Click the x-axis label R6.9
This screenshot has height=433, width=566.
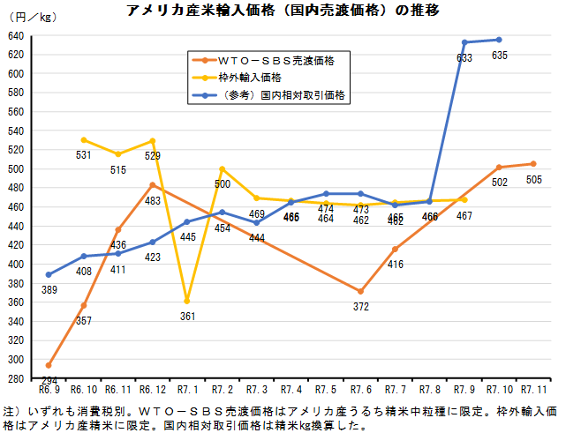(49, 389)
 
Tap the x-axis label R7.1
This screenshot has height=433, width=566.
(187, 389)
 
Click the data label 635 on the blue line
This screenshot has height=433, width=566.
(500, 55)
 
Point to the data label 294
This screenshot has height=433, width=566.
(50, 381)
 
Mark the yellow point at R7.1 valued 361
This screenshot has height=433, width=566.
(187, 301)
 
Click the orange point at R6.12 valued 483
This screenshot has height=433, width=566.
(153, 184)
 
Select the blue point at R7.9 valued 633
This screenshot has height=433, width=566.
(465, 42)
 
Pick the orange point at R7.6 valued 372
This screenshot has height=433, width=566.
(360, 291)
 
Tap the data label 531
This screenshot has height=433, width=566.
(84, 155)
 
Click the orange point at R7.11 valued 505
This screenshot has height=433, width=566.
(533, 163)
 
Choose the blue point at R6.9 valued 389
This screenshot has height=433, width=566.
(49, 274)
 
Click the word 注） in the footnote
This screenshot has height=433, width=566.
(11, 412)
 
